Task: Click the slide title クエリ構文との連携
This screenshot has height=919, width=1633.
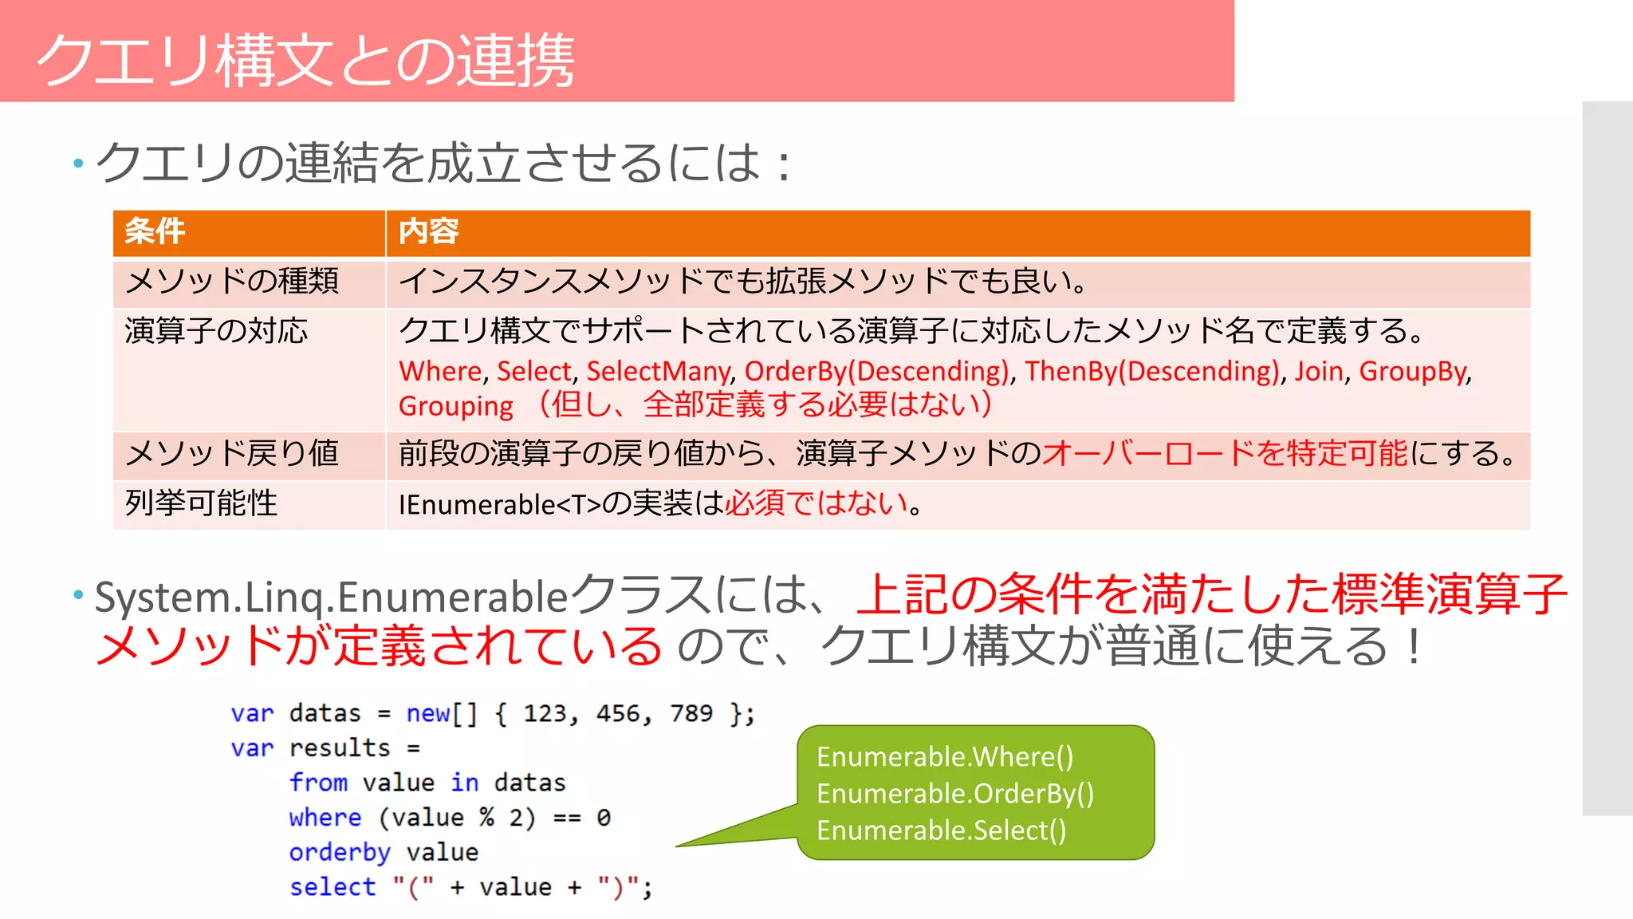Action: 305,60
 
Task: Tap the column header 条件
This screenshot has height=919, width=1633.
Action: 155,231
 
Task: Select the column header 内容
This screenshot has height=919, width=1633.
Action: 428,231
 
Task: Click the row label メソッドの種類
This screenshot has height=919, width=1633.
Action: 232,281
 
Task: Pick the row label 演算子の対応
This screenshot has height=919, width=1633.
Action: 216,331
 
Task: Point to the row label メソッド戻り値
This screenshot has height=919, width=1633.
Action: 232,453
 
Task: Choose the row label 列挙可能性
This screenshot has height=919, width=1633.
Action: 201,503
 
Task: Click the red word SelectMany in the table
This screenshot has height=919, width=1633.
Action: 658,371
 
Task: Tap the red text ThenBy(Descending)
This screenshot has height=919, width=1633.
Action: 1152,371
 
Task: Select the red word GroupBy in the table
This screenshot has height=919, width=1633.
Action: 1413,371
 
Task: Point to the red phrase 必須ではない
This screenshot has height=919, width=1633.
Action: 816,503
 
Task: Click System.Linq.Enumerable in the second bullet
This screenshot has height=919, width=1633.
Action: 331,598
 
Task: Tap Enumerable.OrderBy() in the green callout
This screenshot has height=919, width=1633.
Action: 955,794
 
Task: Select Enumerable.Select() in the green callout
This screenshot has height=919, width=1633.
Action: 941,830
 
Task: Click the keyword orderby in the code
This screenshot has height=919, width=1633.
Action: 340,853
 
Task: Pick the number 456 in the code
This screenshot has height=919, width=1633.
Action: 619,713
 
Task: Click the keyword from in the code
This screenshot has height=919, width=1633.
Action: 318,783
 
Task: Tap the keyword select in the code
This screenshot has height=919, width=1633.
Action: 333,887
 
